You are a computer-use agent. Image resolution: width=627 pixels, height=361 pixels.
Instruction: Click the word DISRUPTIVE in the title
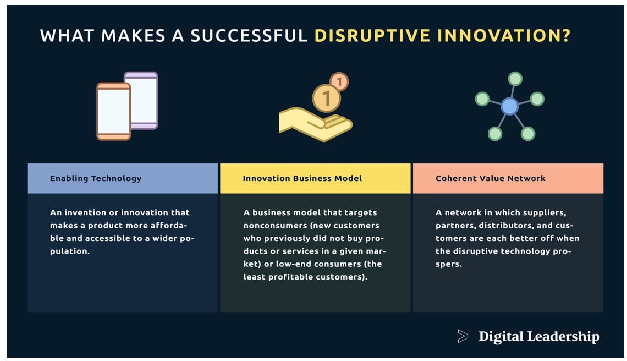click(x=373, y=36)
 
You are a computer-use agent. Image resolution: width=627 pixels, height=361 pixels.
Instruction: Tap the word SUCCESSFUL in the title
click(x=249, y=36)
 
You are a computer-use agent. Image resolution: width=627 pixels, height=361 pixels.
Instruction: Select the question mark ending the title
click(x=566, y=36)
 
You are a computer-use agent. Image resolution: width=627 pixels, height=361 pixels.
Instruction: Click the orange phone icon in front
click(x=113, y=111)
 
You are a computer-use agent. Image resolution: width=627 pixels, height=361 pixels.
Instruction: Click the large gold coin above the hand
click(x=326, y=99)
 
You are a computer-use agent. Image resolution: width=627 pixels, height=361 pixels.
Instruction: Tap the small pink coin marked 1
click(x=339, y=82)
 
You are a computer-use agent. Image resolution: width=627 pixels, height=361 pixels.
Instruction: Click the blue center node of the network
click(x=509, y=106)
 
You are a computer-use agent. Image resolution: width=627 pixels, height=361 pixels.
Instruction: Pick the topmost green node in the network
click(x=515, y=79)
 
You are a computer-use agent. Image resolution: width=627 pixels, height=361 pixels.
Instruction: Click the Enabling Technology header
click(x=96, y=178)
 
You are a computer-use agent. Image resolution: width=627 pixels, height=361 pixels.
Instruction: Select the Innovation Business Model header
click(x=302, y=178)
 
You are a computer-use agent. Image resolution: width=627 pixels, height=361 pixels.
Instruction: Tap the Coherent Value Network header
click(x=490, y=178)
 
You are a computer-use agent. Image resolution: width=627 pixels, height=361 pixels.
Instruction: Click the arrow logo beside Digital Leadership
click(x=463, y=336)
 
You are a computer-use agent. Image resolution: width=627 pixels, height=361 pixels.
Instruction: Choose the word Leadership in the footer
click(x=563, y=337)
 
